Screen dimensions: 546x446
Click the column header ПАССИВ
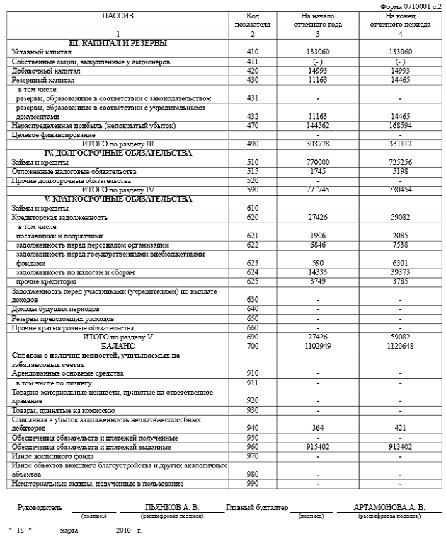[117, 16]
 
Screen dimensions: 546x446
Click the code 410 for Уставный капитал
[253, 52]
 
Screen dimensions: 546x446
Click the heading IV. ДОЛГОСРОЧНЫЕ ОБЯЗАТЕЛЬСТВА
[117, 153]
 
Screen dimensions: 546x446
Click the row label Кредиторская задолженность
[60, 218]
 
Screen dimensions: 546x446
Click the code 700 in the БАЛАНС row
[253, 347]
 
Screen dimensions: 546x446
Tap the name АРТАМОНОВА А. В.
[390, 507]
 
